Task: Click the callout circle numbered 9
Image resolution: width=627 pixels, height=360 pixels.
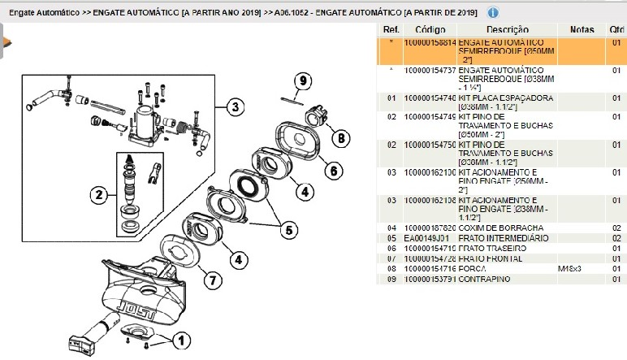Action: tap(303, 80)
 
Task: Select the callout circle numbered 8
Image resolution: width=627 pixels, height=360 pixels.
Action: tap(341, 138)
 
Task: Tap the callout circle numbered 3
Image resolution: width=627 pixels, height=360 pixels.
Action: tap(235, 106)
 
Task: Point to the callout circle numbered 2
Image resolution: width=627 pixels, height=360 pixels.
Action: tap(99, 194)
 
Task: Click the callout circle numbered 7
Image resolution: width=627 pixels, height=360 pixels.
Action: tap(210, 280)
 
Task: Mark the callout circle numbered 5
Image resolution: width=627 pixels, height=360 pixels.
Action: tap(288, 230)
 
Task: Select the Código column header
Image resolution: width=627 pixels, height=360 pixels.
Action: tap(430, 29)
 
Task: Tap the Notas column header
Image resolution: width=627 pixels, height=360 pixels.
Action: tap(582, 29)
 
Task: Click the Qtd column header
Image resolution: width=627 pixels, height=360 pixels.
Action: tap(616, 29)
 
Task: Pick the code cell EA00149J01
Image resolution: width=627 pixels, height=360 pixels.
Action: tap(430, 237)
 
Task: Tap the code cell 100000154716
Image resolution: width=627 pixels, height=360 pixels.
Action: tap(430, 267)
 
